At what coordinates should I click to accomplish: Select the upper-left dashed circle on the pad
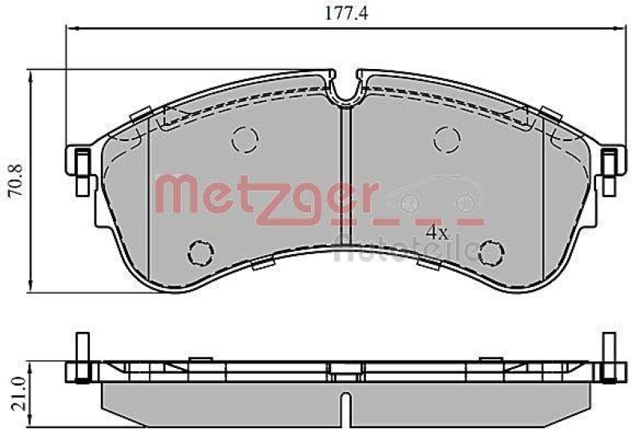tap(245, 140)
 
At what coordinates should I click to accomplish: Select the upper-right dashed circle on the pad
tap(446, 140)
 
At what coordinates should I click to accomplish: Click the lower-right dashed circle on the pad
tap(489, 252)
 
